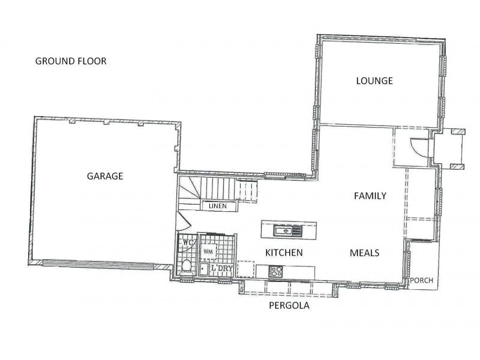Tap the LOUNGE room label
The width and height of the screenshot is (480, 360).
[374, 80]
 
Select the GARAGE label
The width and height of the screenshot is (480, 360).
[105, 176]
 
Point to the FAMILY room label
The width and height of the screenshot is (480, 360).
[370, 196]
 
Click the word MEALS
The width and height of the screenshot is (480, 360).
[364, 253]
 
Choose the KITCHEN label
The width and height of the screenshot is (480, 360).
[283, 253]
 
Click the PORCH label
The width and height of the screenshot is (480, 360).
[421, 280]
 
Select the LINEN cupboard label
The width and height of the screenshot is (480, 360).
[217, 206]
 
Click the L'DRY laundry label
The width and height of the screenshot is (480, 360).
[222, 269]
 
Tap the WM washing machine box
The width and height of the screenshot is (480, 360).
[208, 250]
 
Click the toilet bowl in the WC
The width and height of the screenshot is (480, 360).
[187, 266]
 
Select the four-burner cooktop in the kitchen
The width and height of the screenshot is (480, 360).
[276, 271]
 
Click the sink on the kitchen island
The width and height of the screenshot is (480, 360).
[283, 230]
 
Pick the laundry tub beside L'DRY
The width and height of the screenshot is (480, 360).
[205, 269]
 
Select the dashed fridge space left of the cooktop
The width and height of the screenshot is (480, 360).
[246, 269]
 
